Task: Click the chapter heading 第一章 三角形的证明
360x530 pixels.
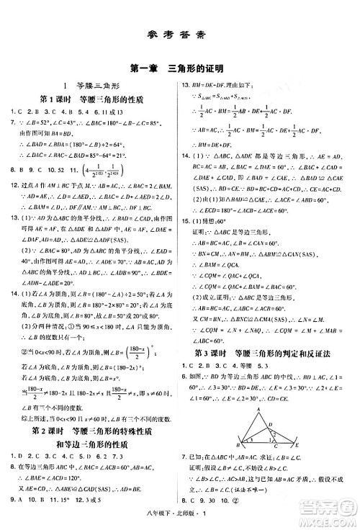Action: coord(180,68)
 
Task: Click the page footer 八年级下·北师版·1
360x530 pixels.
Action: coord(180,523)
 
